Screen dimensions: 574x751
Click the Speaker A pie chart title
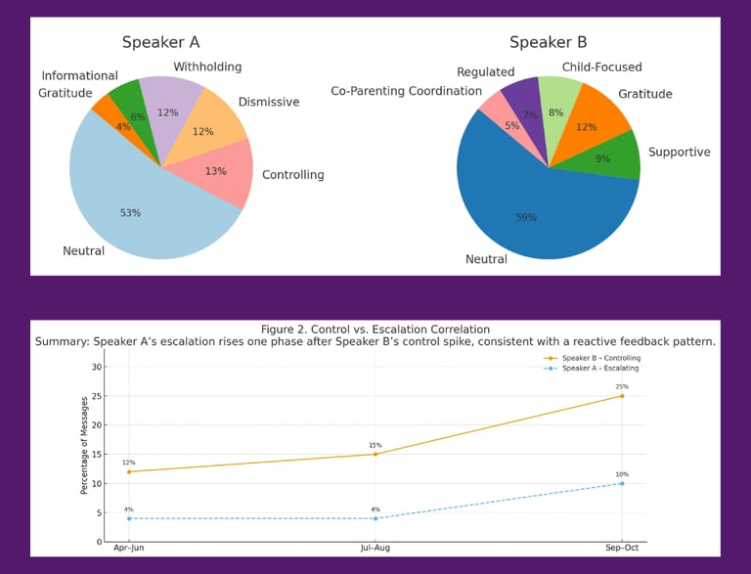[160, 42]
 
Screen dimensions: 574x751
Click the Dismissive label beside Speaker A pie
[268, 102]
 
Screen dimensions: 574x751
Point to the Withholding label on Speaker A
[207, 67]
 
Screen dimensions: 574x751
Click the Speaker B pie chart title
[548, 42]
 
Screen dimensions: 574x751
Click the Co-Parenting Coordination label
[406, 91]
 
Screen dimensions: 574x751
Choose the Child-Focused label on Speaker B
[601, 67]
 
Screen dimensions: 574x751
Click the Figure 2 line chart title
[375, 330]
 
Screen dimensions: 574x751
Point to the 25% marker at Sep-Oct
[621, 396]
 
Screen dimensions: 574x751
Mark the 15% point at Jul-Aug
[375, 454]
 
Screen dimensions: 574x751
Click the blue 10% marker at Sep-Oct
[621, 483]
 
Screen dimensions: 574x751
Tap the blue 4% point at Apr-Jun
[128, 518]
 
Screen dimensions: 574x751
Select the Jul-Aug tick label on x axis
[375, 550]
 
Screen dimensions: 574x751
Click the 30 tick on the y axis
[96, 367]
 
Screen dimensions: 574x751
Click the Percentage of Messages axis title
[85, 453]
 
